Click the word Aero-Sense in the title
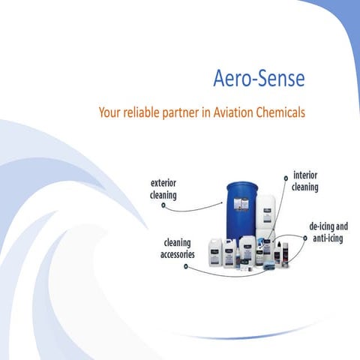tap(259, 79)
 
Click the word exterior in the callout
tap(164, 182)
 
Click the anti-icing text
tap(329, 238)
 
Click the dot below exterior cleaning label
tap(163, 206)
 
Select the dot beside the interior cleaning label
tap(285, 178)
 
